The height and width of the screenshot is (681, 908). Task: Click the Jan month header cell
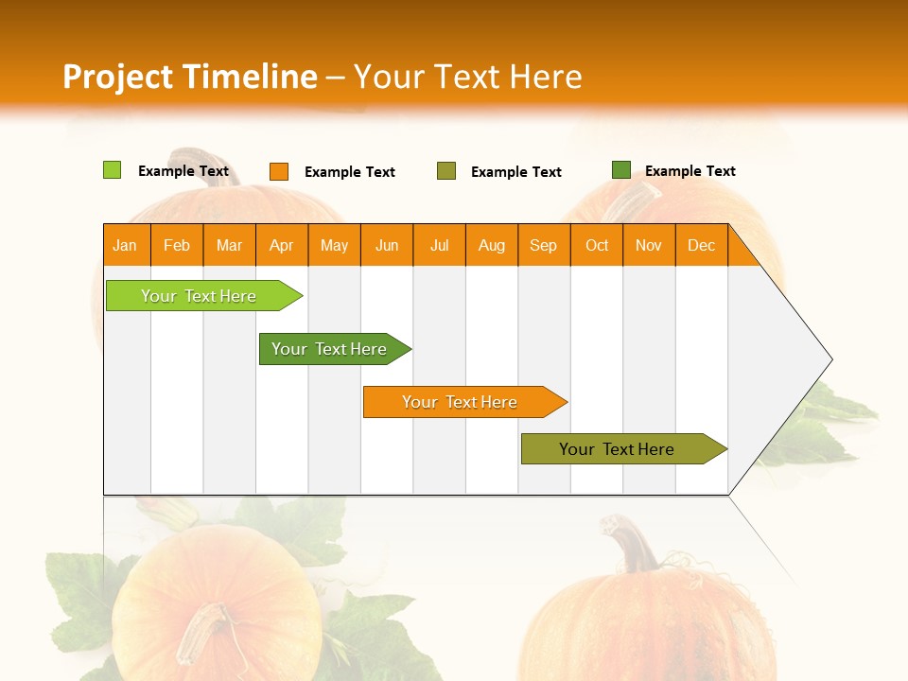[126, 245]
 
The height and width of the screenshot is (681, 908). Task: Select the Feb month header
[177, 245]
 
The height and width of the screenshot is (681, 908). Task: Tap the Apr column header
[282, 245]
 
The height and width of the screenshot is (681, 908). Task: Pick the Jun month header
[387, 245]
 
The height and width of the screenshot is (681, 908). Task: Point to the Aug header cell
[492, 245]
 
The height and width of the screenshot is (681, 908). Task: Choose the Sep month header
[544, 245]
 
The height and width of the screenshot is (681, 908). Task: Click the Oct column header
[597, 245]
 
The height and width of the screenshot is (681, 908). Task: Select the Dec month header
[702, 245]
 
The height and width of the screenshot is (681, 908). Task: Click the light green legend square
[113, 170]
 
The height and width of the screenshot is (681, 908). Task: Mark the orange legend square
[279, 171]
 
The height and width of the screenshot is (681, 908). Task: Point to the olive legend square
[446, 171]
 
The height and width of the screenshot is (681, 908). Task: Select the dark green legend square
[621, 170]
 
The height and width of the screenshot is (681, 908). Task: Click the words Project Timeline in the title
[190, 77]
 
